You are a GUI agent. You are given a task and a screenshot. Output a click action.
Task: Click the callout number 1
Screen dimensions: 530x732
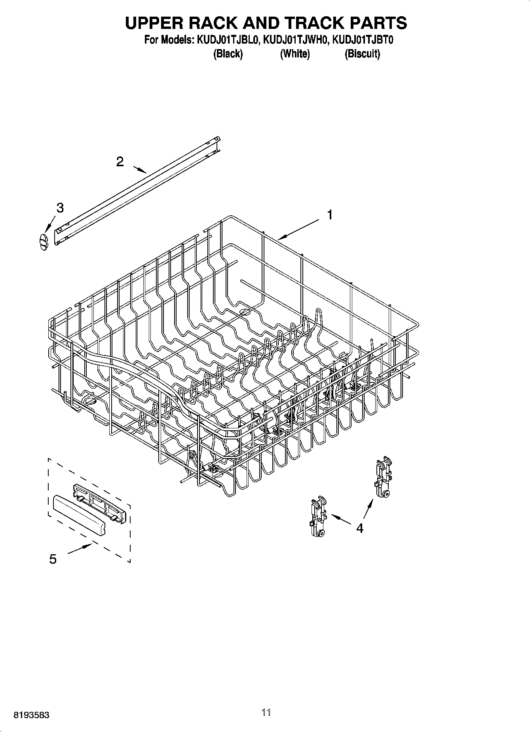coord(329,215)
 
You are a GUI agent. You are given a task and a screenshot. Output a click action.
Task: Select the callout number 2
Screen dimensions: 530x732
coord(120,162)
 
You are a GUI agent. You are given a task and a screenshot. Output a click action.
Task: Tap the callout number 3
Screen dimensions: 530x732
coord(60,207)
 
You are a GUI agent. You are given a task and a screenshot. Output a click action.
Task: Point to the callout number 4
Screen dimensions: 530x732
coord(359,528)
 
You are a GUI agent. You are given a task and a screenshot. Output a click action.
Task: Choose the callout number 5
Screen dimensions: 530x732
coord(53,559)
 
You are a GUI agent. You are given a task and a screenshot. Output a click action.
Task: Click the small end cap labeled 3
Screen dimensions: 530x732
coord(43,241)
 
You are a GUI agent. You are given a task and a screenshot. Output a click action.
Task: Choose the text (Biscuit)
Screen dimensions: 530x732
coord(362,53)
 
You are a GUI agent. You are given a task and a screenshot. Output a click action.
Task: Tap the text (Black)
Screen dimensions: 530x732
coord(228,53)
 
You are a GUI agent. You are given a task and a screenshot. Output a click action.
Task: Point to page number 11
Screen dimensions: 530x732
coord(266,712)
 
